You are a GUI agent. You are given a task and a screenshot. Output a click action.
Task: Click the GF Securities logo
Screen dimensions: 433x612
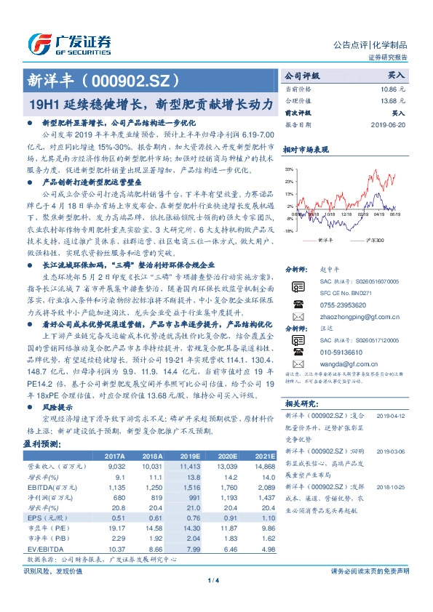[x=69, y=43]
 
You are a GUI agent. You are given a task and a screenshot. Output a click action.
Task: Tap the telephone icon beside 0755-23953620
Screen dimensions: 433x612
[x=296, y=286]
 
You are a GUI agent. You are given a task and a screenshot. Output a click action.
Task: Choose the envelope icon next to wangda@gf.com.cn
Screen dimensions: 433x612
[x=296, y=348]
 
